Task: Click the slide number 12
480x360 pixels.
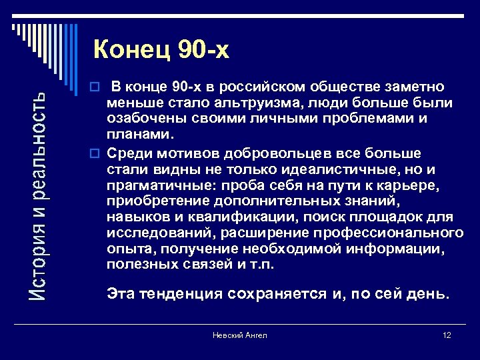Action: [x=446, y=335]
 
